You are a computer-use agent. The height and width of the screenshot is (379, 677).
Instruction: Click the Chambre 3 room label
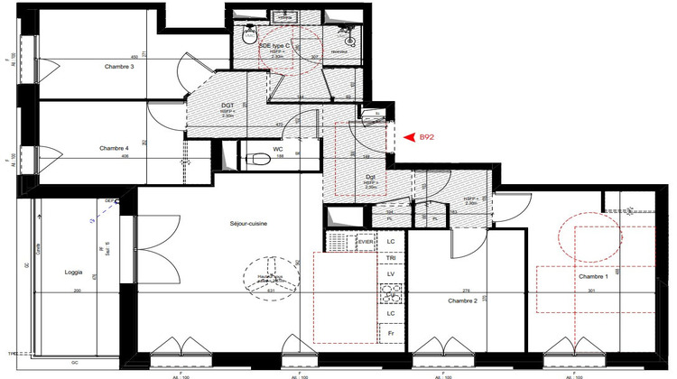point(119,67)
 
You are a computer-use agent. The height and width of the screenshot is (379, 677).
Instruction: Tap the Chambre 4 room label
point(114,148)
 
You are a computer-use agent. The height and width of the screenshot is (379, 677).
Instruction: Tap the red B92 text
point(427,137)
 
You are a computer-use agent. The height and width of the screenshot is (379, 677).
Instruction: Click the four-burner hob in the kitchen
point(392,292)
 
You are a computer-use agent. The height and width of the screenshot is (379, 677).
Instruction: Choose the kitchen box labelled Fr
point(391,332)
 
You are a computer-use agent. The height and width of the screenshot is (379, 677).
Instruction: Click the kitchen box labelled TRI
point(391,257)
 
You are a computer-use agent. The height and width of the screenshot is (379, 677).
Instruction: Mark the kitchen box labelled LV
point(391,273)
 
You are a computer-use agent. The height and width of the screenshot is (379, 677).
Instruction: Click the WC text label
point(278,150)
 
